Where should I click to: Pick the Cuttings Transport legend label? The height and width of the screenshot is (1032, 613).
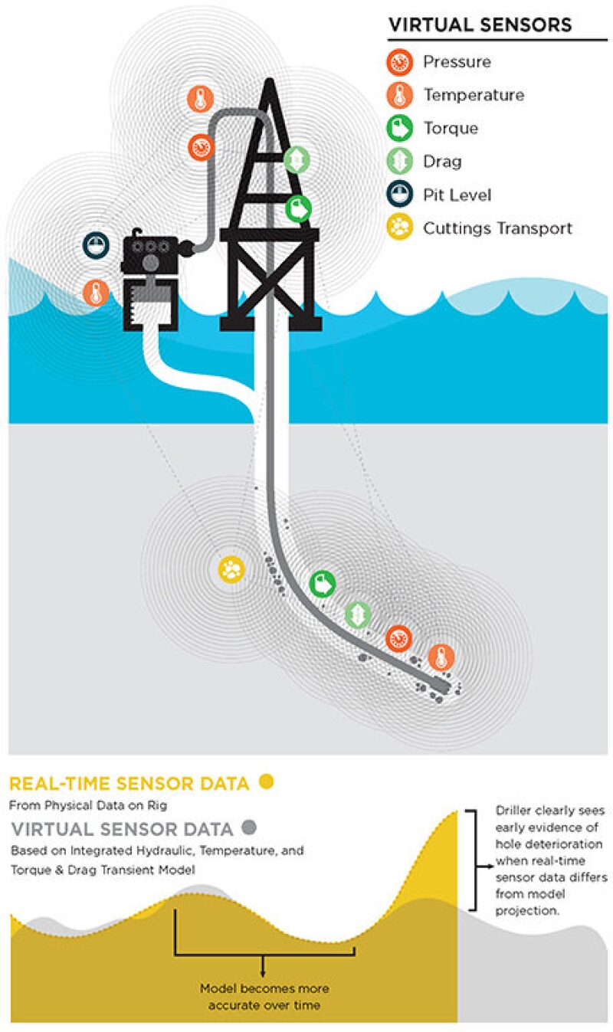pyautogui.click(x=497, y=228)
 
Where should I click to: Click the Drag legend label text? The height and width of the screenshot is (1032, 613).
pyautogui.click(x=442, y=162)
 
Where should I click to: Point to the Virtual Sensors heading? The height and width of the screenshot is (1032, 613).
pyautogui.click(x=480, y=25)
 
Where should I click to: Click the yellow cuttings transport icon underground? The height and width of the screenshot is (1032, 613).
pyautogui.click(x=231, y=568)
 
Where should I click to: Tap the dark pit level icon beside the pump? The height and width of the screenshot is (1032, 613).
pyautogui.click(x=96, y=245)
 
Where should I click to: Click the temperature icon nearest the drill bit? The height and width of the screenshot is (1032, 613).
pyautogui.click(x=441, y=657)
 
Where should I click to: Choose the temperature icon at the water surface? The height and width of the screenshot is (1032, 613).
pyautogui.click(x=96, y=292)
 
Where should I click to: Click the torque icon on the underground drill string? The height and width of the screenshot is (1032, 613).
pyautogui.click(x=323, y=584)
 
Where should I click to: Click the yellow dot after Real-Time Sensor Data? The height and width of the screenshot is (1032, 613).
pyautogui.click(x=266, y=782)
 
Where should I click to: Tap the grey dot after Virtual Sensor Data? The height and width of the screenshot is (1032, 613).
pyautogui.click(x=247, y=828)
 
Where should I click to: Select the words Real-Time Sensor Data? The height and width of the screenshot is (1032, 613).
pyautogui.click(x=129, y=784)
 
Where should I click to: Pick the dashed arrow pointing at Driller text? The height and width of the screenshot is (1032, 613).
pyautogui.click(x=483, y=866)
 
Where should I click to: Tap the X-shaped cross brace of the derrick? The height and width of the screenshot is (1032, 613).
pyautogui.click(x=270, y=279)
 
